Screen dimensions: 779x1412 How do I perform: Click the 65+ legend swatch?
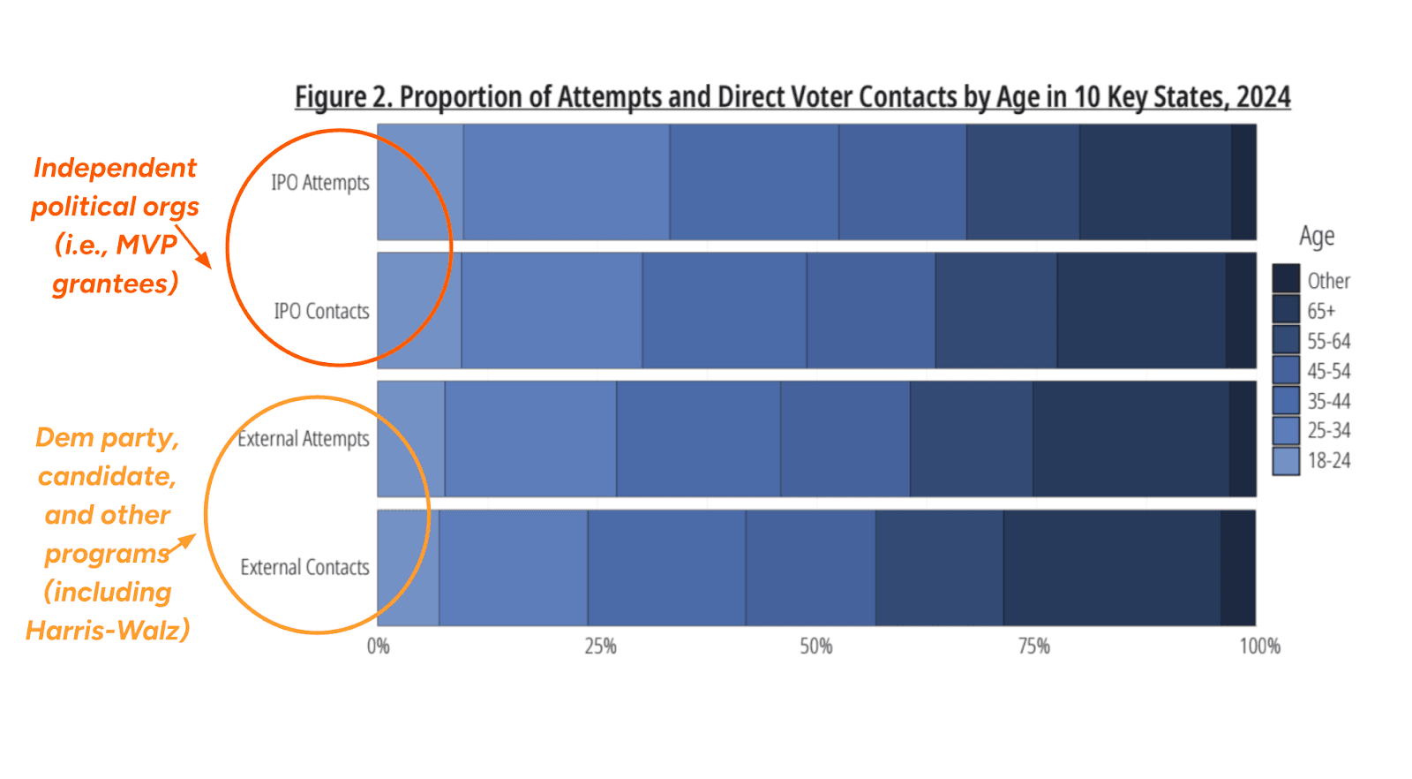[x=1286, y=309]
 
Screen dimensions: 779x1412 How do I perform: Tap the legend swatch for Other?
[x=1286, y=279]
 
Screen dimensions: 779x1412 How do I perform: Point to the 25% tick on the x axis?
[x=600, y=647]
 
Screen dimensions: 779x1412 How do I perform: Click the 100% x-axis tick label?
[x=1259, y=647]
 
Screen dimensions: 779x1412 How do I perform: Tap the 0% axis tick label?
[x=378, y=647]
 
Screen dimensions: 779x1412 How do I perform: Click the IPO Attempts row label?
[x=319, y=183]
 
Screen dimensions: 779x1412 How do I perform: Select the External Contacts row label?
[x=304, y=567]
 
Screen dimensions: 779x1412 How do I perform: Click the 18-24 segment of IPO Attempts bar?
[x=419, y=182]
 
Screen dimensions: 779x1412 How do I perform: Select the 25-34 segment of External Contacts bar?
[x=513, y=568]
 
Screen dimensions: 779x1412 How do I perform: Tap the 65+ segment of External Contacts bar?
[x=1111, y=568]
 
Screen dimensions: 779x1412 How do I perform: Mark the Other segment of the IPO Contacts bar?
[x=1240, y=311]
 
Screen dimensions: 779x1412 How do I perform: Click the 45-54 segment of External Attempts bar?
[x=845, y=439]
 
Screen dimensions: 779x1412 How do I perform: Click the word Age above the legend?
[x=1316, y=237]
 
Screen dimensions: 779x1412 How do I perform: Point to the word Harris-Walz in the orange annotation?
[x=108, y=631]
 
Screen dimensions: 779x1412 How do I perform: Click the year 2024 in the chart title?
[x=1263, y=96]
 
